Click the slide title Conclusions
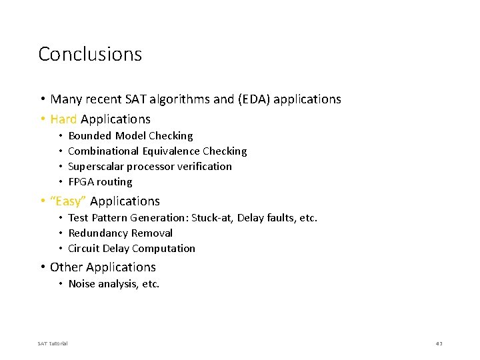pos(90,54)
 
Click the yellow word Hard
pos(63,119)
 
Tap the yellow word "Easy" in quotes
pos(68,201)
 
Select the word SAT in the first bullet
pos(133,99)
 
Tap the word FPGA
pos(81,182)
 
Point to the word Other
pos(65,267)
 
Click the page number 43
pos(439,343)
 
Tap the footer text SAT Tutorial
pos(53,343)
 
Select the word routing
pos(115,182)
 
